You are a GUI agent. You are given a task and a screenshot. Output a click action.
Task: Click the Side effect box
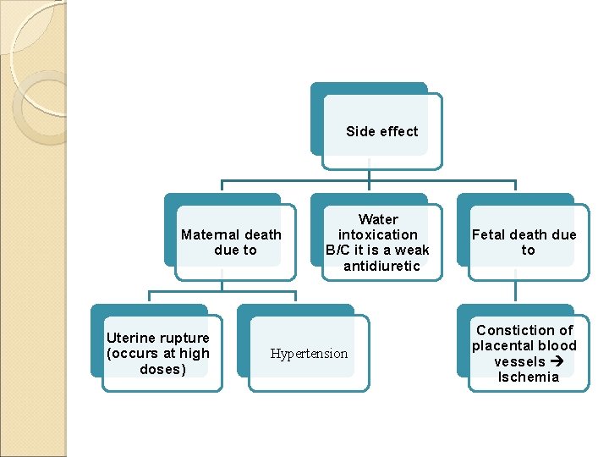381,132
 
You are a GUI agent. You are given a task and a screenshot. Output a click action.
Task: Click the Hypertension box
309,354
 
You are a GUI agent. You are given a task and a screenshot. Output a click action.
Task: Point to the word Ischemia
529,377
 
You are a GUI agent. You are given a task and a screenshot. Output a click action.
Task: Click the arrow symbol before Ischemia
559,362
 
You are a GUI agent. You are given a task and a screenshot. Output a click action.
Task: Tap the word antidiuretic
381,267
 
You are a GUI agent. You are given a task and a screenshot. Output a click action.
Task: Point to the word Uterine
130,339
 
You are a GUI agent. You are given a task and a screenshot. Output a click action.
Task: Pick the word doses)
162,370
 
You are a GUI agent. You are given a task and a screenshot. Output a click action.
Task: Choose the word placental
504,345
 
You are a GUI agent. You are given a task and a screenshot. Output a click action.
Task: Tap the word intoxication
378,234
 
